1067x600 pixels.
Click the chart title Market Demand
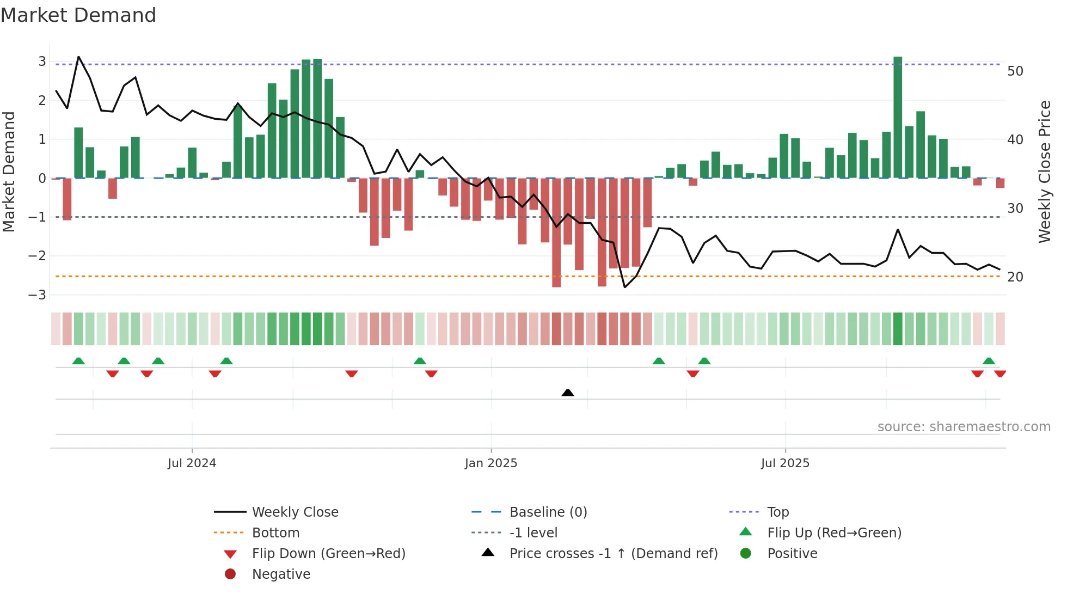(78, 15)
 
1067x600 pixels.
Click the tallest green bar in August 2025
(898, 117)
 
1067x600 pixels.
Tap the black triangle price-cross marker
(568, 393)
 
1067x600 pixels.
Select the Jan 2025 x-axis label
(491, 463)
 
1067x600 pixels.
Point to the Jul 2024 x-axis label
(192, 463)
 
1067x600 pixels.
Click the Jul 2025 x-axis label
(785, 463)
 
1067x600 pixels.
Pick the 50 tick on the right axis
(1015, 71)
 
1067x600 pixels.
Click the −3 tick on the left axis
(38, 295)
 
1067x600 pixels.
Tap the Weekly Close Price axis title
(1044, 172)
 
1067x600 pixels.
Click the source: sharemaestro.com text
(964, 427)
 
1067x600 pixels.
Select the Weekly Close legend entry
(295, 512)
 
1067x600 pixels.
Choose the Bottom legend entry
(275, 533)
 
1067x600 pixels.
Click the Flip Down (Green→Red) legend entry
(328, 554)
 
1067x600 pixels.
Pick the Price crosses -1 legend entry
(613, 554)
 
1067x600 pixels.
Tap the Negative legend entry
(281, 574)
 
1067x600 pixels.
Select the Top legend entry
(778, 512)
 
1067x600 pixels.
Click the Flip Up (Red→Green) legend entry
(834, 533)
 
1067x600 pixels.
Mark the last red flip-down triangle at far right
(1000, 374)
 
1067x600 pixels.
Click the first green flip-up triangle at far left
(78, 361)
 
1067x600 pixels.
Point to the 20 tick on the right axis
(1015, 277)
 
